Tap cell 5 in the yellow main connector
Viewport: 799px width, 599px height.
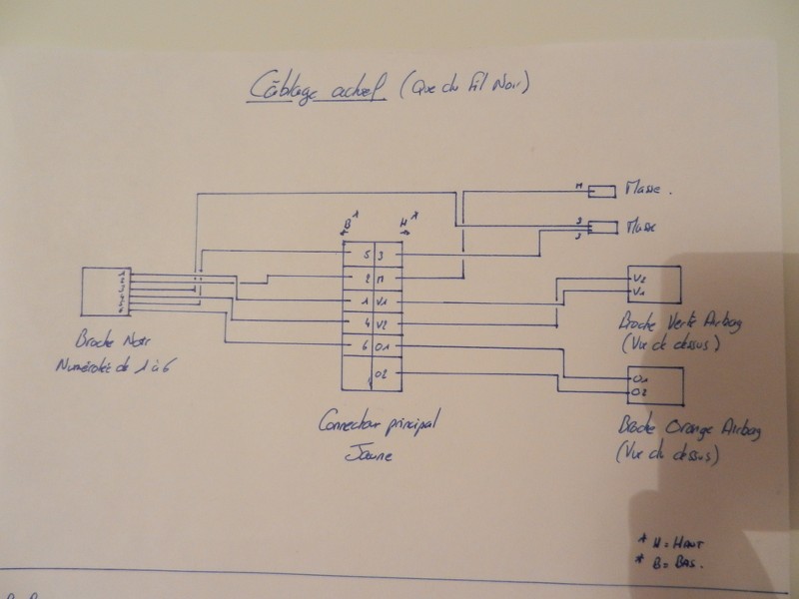coord(368,256)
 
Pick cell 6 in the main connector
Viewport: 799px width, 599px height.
coord(368,345)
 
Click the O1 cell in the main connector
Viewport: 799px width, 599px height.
coord(384,345)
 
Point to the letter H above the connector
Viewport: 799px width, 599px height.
coord(401,219)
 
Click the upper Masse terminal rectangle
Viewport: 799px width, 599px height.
coord(603,190)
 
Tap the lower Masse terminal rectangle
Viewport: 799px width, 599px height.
coord(603,228)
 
